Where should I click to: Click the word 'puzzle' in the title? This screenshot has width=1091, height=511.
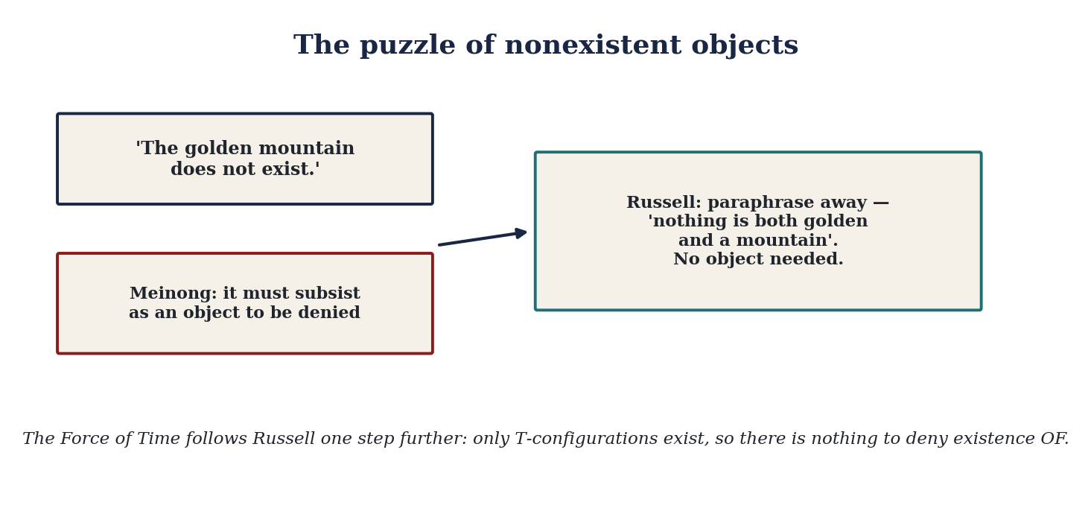pyautogui.click(x=407, y=45)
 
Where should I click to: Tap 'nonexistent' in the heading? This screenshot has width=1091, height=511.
pyautogui.click(x=593, y=45)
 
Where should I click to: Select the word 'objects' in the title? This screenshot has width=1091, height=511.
pyautogui.click(x=745, y=45)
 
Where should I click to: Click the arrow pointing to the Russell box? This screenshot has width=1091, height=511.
pyautogui.click(x=483, y=237)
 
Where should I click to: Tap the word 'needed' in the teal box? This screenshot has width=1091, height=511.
pyautogui.click(x=810, y=258)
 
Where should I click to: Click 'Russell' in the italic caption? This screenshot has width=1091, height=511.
pyautogui.click(x=284, y=439)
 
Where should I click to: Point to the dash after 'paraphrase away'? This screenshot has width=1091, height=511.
pyautogui.click(x=881, y=203)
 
